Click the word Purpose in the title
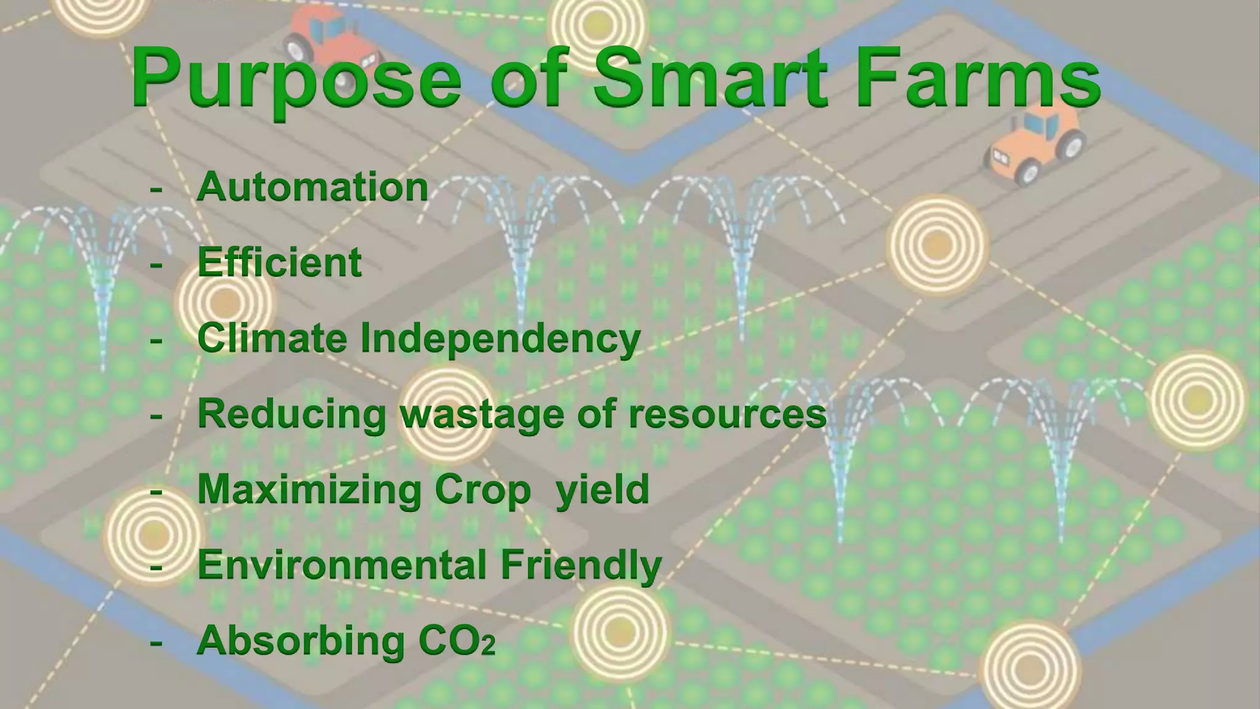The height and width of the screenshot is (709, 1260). [295, 79]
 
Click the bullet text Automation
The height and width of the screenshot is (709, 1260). [312, 186]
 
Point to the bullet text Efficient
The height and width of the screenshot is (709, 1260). [279, 262]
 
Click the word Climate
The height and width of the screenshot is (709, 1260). [272, 338]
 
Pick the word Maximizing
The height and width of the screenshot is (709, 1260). [309, 490]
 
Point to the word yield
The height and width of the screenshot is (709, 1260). [602, 490]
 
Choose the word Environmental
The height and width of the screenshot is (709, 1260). [342, 564]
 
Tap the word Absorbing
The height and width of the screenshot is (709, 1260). [301, 640]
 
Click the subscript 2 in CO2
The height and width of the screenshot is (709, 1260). [488, 647]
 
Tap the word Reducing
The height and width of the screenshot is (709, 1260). [292, 414]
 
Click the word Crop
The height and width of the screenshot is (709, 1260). [482, 491]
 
